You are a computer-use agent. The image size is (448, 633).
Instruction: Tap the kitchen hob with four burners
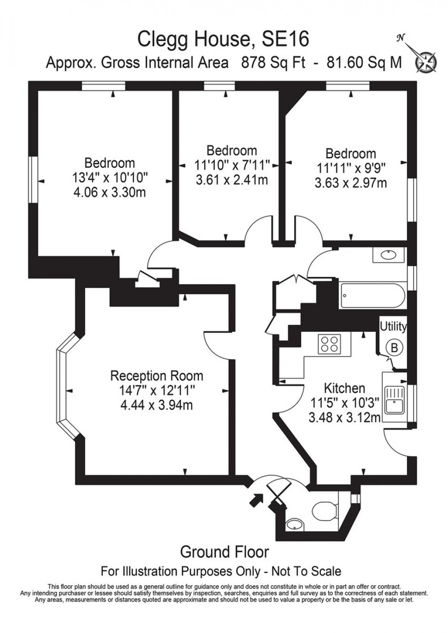[330, 343]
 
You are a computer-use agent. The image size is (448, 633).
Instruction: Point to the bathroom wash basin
[389, 255]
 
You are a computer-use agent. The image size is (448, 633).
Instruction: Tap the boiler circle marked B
[394, 347]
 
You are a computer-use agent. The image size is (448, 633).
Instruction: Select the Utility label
[393, 326]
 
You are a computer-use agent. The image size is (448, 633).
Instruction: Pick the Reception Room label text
[156, 376]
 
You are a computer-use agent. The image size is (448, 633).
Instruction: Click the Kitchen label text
[344, 388]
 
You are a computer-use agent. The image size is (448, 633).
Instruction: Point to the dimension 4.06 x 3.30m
[109, 192]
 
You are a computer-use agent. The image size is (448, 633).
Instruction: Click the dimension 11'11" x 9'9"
[351, 168]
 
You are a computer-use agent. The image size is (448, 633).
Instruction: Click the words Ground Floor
[224, 552]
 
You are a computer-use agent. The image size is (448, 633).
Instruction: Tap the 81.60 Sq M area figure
[364, 63]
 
